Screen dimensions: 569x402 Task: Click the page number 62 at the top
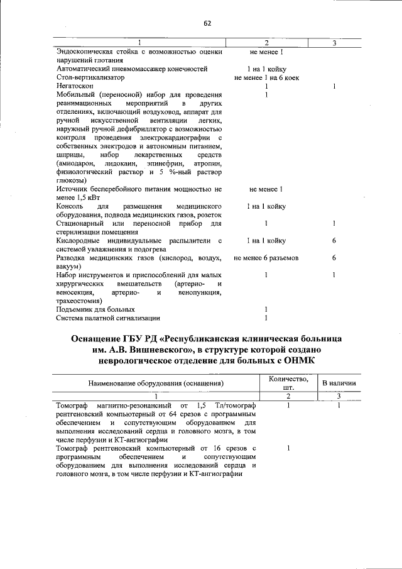[x=207, y=23]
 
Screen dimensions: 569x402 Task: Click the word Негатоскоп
[x=75, y=86]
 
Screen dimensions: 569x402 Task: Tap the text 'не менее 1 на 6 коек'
[x=266, y=77]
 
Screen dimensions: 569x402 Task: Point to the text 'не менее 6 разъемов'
[x=266, y=258]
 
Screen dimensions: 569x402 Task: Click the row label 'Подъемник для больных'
[x=95, y=309]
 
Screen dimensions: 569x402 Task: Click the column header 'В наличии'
[x=339, y=382]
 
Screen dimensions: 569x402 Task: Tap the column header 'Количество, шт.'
[x=288, y=382]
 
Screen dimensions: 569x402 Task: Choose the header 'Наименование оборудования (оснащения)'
[x=156, y=383]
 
